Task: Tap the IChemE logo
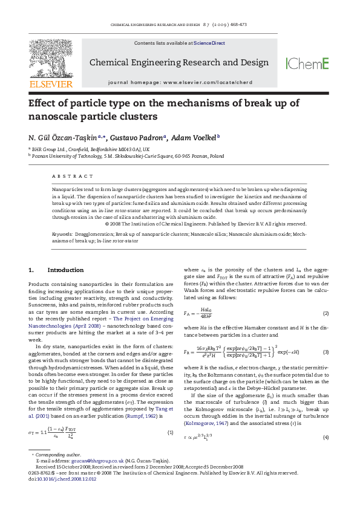(307, 63)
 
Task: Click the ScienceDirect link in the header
(209, 44)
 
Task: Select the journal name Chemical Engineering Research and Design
(179, 62)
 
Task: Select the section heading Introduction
(65, 270)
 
